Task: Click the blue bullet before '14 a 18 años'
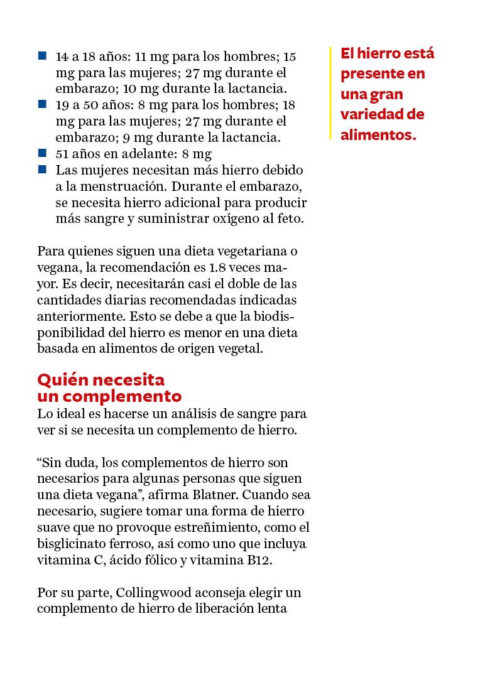pyautogui.click(x=42, y=56)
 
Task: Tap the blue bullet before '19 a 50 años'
pyautogui.click(x=42, y=104)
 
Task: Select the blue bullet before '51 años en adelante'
pyautogui.click(x=42, y=153)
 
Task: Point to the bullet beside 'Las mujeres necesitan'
pyautogui.click(x=42, y=169)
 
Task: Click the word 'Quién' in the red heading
pyautogui.click(x=60, y=380)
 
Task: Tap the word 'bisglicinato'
pyautogui.click(x=70, y=544)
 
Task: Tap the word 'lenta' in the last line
pyautogui.click(x=272, y=609)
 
